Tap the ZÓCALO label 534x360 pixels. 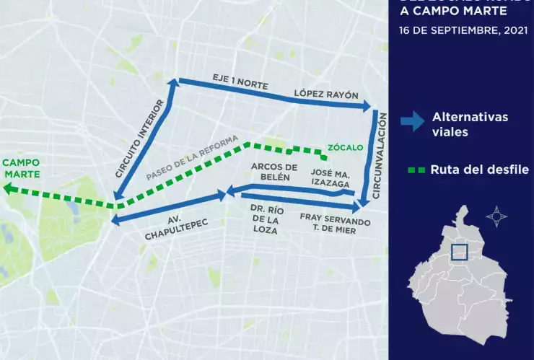click(x=345, y=148)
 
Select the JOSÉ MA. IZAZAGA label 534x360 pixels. click(x=331, y=177)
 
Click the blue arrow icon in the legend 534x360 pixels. click(x=413, y=122)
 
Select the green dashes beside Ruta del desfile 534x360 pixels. click(x=416, y=170)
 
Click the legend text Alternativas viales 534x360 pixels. click(x=470, y=124)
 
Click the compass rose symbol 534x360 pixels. click(x=496, y=216)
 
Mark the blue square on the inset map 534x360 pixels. click(x=459, y=252)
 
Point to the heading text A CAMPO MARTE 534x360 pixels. click(x=454, y=11)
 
